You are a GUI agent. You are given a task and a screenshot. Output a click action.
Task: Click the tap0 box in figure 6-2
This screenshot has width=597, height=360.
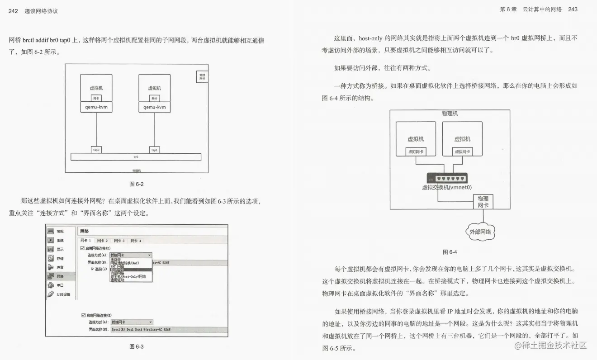(96, 150)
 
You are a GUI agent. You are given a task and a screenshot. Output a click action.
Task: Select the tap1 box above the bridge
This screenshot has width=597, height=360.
(154, 150)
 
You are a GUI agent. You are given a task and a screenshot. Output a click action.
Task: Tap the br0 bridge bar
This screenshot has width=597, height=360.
(136, 157)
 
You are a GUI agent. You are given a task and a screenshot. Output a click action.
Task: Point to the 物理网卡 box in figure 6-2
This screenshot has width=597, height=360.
(202, 77)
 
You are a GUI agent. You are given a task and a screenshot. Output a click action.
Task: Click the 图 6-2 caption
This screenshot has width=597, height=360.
(136, 184)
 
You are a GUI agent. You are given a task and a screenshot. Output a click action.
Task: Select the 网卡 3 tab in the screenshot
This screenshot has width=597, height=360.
(119, 241)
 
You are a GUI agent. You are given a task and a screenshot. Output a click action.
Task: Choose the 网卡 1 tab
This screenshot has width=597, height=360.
(85, 241)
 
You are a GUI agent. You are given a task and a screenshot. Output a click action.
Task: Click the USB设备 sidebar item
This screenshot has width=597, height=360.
(63, 294)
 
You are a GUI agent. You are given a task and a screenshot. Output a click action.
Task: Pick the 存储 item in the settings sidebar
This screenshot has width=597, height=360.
(60, 258)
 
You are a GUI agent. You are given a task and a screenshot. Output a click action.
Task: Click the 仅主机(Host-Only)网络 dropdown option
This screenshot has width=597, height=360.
(128, 276)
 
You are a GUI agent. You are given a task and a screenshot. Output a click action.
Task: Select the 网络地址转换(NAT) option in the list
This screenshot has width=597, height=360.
(124, 263)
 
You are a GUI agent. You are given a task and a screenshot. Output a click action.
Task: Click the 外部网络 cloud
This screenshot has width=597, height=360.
(480, 232)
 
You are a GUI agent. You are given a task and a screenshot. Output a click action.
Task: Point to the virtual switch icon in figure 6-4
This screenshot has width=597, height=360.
(446, 178)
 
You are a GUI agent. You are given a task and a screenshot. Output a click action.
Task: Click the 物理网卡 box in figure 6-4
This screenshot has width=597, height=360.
(483, 202)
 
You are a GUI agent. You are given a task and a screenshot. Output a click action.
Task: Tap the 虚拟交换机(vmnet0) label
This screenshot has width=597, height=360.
(446, 187)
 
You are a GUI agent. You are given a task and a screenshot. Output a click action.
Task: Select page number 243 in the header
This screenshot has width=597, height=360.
(572, 9)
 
